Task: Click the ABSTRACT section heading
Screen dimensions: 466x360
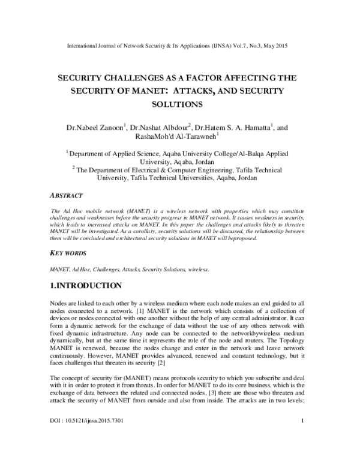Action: coord(66,196)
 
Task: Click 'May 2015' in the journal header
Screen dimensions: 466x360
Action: coord(293,46)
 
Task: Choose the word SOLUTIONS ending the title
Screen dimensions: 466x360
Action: coord(180,104)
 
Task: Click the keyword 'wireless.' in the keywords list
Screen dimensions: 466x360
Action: coord(197,271)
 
